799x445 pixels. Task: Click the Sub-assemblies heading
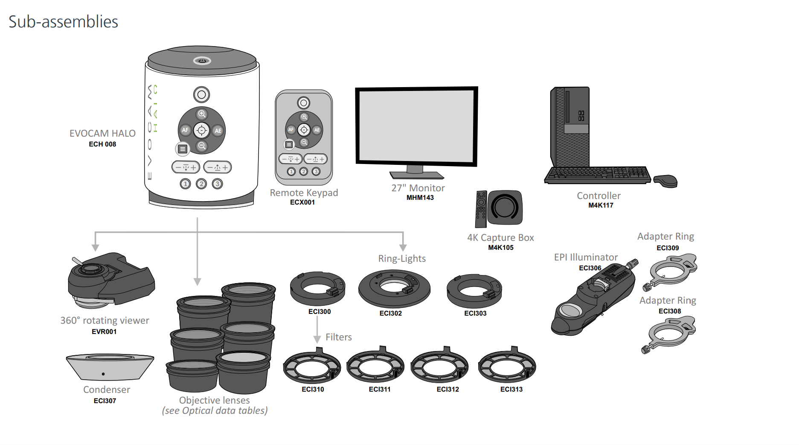tap(63, 22)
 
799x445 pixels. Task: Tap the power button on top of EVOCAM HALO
tap(202, 61)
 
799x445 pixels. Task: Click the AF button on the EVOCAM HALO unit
tap(185, 130)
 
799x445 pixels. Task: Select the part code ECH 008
tap(102, 144)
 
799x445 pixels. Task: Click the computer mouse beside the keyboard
tap(665, 181)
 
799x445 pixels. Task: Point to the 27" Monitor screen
tap(416, 126)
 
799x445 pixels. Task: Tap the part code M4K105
tap(500, 248)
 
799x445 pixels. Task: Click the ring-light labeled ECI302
tap(394, 289)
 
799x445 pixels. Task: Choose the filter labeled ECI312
tap(439, 366)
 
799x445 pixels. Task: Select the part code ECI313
tap(511, 389)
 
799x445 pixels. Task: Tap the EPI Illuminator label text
tap(585, 257)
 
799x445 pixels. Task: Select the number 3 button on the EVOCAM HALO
tap(218, 184)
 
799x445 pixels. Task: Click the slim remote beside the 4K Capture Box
tap(481, 209)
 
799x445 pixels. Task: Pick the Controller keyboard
tap(597, 175)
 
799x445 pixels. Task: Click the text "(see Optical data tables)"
tap(215, 411)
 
